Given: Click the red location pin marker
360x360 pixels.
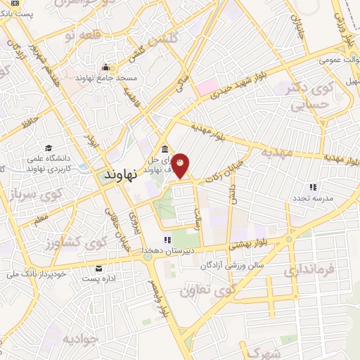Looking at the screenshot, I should [x=181, y=166].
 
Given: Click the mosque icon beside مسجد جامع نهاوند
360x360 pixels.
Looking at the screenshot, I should [x=106, y=66].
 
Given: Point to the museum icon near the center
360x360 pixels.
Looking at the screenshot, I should [x=164, y=149].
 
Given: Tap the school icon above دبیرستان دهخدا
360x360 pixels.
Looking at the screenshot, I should [x=167, y=240].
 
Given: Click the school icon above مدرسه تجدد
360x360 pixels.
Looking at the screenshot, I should [x=314, y=187].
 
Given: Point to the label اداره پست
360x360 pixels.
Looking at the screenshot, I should [x=98, y=279].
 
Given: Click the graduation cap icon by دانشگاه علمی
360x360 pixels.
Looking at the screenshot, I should [x=49, y=147].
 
